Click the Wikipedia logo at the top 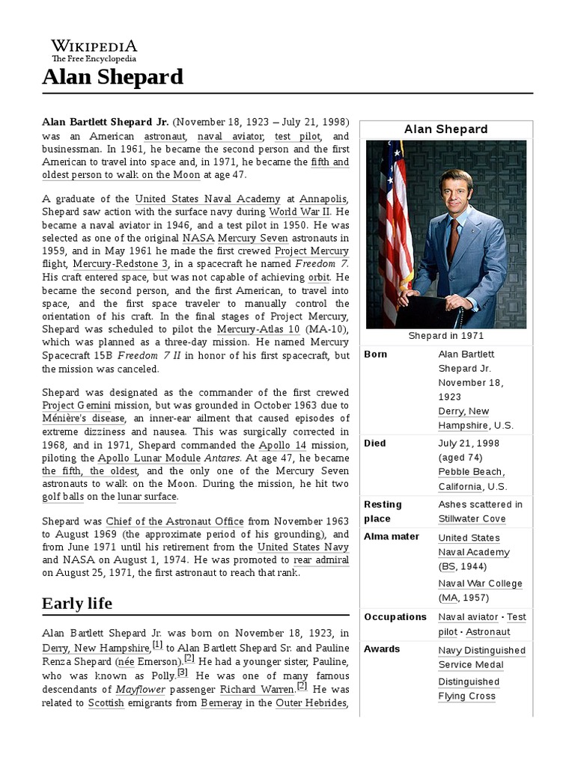(x=94, y=50)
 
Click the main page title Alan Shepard (x=112, y=76)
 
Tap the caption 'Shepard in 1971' (x=445, y=336)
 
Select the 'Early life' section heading (x=77, y=603)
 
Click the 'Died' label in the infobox (x=375, y=443)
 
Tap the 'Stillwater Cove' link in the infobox (x=472, y=518)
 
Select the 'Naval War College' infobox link (x=480, y=583)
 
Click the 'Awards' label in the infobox (x=382, y=649)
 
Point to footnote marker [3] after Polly (x=183, y=672)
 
